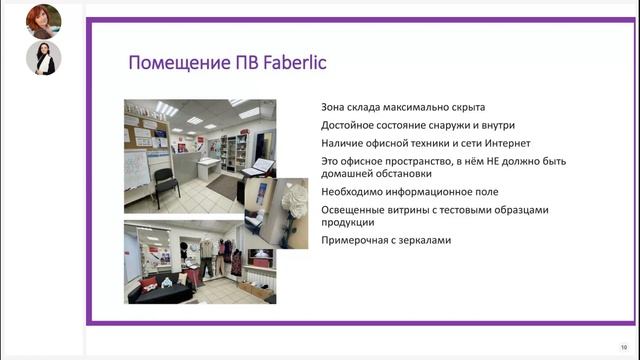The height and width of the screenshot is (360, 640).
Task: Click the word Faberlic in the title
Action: coord(293,64)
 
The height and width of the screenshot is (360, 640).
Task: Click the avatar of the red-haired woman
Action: coord(43,20)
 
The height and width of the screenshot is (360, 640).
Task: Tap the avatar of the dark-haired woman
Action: coord(43,58)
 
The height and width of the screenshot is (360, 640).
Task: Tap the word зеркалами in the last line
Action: coord(425,240)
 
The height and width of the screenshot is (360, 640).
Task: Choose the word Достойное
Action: coord(347,125)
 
